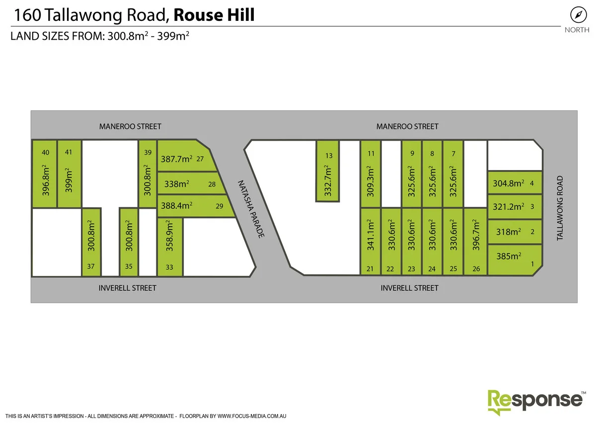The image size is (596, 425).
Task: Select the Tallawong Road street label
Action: point(560,208)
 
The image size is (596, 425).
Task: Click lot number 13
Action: point(328,156)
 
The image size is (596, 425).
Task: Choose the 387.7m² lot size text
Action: point(176,160)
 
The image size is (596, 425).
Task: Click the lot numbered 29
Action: point(220,206)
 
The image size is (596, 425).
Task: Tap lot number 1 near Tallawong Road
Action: point(532,264)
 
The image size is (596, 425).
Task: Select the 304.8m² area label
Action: point(508,183)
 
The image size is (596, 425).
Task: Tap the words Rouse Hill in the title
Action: point(214,15)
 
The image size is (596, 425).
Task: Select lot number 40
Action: point(46,153)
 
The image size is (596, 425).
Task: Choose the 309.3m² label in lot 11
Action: point(370,180)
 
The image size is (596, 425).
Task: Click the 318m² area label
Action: point(508,232)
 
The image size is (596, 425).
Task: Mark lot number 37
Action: point(90,266)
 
